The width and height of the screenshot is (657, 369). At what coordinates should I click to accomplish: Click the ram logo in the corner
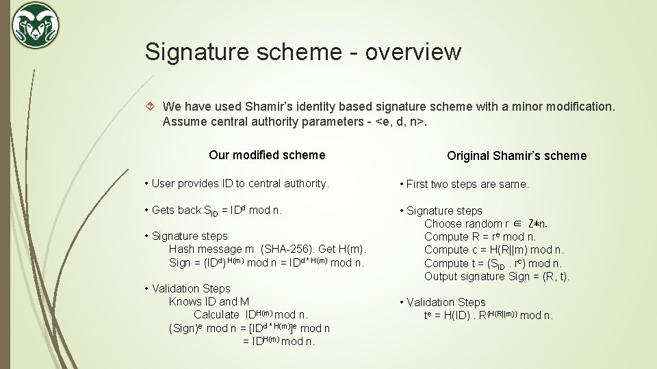(x=35, y=26)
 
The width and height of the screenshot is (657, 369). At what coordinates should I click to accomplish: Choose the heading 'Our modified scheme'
(x=267, y=154)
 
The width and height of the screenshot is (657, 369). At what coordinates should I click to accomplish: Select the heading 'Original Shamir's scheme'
(x=517, y=155)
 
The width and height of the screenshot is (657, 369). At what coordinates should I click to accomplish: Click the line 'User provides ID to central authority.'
(x=237, y=183)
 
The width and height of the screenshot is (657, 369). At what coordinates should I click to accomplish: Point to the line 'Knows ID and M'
(x=209, y=301)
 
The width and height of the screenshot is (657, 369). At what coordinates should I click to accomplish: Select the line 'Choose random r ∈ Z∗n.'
(x=485, y=223)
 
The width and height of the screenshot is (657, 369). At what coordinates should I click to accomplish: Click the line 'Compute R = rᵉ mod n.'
(x=480, y=236)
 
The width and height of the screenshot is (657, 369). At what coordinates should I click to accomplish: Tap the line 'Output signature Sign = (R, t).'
(x=497, y=276)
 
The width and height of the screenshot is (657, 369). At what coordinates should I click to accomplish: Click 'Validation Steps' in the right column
(x=446, y=302)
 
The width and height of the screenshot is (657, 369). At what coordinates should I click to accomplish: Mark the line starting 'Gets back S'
(x=212, y=210)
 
